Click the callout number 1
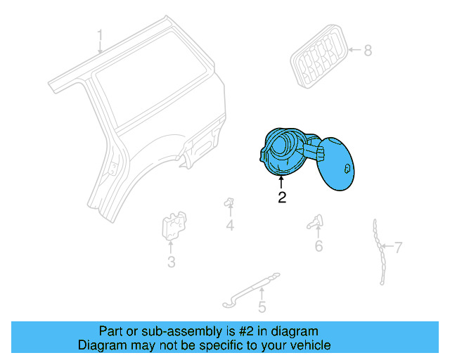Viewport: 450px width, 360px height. [x=100, y=35]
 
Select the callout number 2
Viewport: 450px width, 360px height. [x=282, y=198]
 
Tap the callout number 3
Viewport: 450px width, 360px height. [x=171, y=263]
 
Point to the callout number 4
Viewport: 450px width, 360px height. [x=230, y=226]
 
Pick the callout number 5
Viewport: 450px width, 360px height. [x=262, y=307]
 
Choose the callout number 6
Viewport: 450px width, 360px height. [x=319, y=246]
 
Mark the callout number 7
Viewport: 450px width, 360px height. [x=398, y=247]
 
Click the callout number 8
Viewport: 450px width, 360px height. [x=368, y=50]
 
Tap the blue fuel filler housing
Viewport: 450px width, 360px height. [x=283, y=152]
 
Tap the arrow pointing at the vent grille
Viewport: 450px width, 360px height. [x=352, y=50]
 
